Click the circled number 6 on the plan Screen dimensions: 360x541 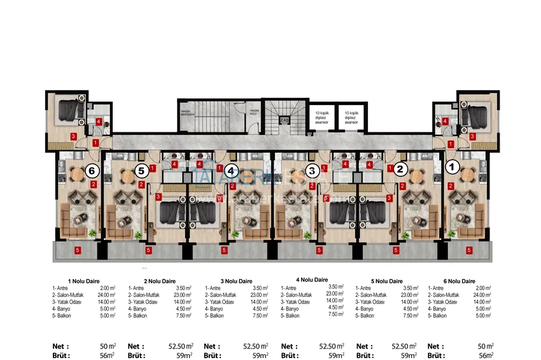(x=92, y=171)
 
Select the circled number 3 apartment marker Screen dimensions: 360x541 (x=311, y=170)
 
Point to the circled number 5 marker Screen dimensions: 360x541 (x=141, y=170)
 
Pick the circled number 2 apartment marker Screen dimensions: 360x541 (x=400, y=169)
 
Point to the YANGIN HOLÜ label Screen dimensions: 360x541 (x=254, y=113)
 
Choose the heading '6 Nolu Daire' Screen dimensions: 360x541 (x=460, y=280)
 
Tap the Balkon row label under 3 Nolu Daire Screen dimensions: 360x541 (x=213, y=315)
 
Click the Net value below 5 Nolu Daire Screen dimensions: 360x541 (x=405, y=346)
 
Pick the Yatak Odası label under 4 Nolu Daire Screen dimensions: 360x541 (x=297, y=301)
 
